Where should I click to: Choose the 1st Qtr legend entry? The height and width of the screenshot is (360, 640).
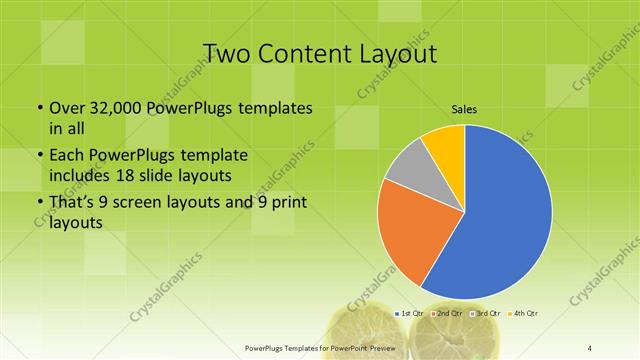411,314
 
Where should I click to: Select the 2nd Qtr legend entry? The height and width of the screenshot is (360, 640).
449,314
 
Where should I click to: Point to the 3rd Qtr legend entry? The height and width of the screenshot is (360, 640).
486,314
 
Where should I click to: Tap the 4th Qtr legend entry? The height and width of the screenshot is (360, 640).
523,314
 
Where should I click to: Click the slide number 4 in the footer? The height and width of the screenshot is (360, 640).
590,347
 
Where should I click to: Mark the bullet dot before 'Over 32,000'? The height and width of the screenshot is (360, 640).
39,107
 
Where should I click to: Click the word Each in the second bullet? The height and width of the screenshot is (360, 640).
68,157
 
